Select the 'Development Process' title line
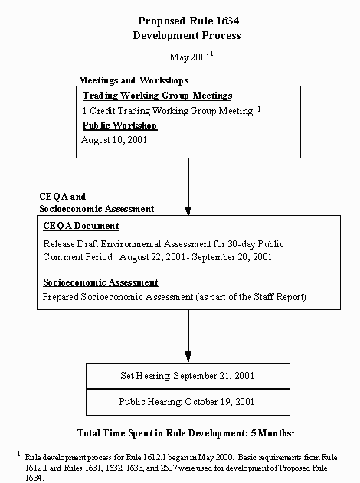[x=186, y=35]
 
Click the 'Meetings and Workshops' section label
[x=133, y=80]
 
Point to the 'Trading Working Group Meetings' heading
[x=157, y=96]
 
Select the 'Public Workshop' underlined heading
[x=119, y=126]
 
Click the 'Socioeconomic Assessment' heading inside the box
[x=100, y=282]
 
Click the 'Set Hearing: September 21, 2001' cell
[x=188, y=376]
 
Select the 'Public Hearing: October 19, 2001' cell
[x=188, y=401]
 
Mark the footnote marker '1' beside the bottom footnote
[x=18, y=453]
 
